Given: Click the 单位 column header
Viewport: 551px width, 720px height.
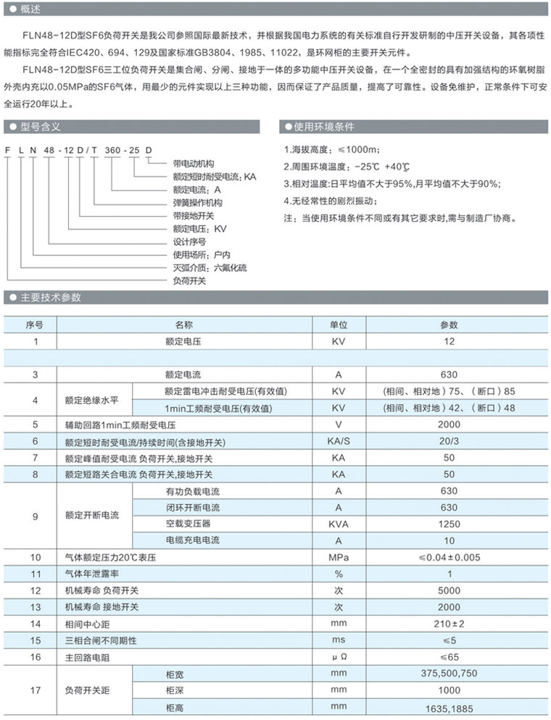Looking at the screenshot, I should (339, 325).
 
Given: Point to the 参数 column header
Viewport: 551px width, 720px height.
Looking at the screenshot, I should (449, 325).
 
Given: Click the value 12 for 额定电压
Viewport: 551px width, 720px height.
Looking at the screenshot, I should (449, 340).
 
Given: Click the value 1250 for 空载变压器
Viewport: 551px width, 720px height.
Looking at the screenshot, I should (449, 524).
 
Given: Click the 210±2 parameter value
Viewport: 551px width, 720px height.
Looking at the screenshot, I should (449, 624).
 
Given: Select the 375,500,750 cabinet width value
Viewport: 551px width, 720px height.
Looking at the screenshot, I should (449, 674).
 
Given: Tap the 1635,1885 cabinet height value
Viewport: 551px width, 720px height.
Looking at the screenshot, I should (449, 707).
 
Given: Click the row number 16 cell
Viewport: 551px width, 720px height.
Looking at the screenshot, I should (34, 657).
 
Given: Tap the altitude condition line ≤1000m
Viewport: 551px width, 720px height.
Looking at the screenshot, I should (332, 150).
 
